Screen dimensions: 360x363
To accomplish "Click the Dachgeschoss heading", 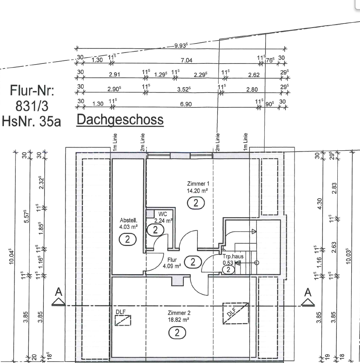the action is (x=120, y=120).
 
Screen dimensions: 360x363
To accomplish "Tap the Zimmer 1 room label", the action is (x=198, y=184).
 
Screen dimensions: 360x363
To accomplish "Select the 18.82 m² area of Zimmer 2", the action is (x=178, y=320).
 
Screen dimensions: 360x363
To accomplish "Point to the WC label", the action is (x=163, y=214).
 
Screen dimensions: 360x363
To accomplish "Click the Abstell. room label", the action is (x=129, y=220).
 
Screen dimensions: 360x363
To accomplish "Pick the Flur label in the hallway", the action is (x=172, y=260).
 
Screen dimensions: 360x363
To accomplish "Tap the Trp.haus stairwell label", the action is (x=233, y=256).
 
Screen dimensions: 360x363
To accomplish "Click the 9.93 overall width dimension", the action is (x=181, y=45).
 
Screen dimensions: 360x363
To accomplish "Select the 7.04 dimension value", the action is (x=186, y=60).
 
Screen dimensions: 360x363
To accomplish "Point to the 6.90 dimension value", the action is (x=186, y=104).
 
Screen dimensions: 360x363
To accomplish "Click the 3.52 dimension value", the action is (x=184, y=89).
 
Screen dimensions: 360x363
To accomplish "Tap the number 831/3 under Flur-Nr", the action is (x=32, y=106).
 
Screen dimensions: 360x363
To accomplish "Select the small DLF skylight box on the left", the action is (x=123, y=320).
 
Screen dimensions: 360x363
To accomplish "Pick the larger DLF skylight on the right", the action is (x=236, y=313).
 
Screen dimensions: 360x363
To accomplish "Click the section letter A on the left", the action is (x=59, y=292).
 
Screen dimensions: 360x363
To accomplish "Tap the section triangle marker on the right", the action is (x=308, y=302).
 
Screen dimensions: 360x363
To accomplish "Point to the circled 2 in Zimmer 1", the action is (x=196, y=203).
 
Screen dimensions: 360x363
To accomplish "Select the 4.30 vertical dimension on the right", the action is (x=320, y=204).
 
